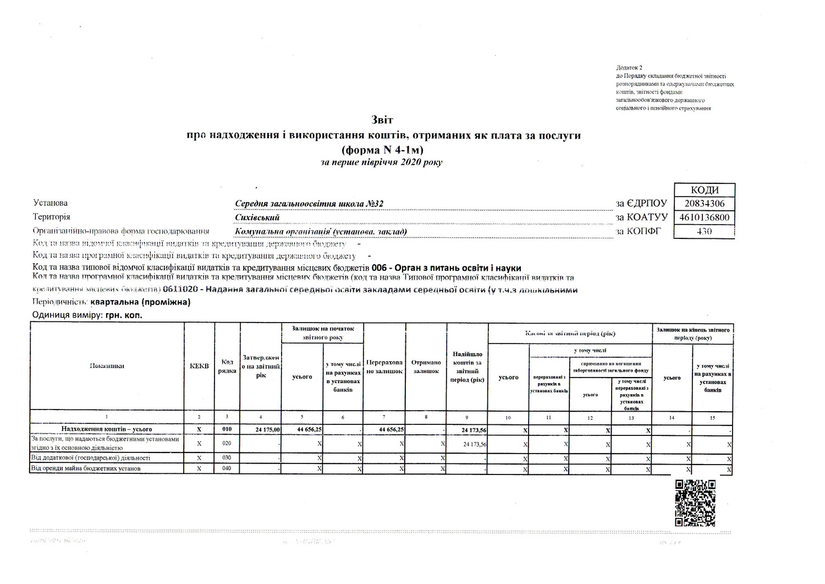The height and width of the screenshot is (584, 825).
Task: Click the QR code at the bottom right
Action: point(695,503)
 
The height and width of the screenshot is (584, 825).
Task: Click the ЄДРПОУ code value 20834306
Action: point(704,203)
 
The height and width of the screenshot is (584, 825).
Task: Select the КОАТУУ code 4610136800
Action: point(704,217)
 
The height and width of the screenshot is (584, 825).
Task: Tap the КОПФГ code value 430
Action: point(704,232)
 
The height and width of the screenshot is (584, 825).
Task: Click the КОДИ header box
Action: point(704,190)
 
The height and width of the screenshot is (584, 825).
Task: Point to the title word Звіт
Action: point(383,119)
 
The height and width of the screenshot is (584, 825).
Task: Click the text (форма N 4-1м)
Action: point(383,149)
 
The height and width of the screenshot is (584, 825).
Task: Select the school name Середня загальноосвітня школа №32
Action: point(309,204)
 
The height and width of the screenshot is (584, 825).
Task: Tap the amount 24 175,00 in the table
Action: point(268,429)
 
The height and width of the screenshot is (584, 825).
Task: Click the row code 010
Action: point(227,429)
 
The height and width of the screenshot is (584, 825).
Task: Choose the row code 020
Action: point(227,443)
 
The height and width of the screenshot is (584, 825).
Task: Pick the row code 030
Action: point(227,458)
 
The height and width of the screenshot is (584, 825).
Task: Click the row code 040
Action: point(227,468)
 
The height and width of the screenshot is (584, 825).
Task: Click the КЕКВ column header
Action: point(199,366)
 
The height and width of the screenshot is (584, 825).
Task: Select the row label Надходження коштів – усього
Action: point(107,429)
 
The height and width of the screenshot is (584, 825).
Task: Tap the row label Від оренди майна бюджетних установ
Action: point(87,468)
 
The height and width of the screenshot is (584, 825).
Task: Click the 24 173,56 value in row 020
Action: point(474,444)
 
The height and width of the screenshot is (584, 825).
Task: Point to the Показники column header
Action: point(107,366)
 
